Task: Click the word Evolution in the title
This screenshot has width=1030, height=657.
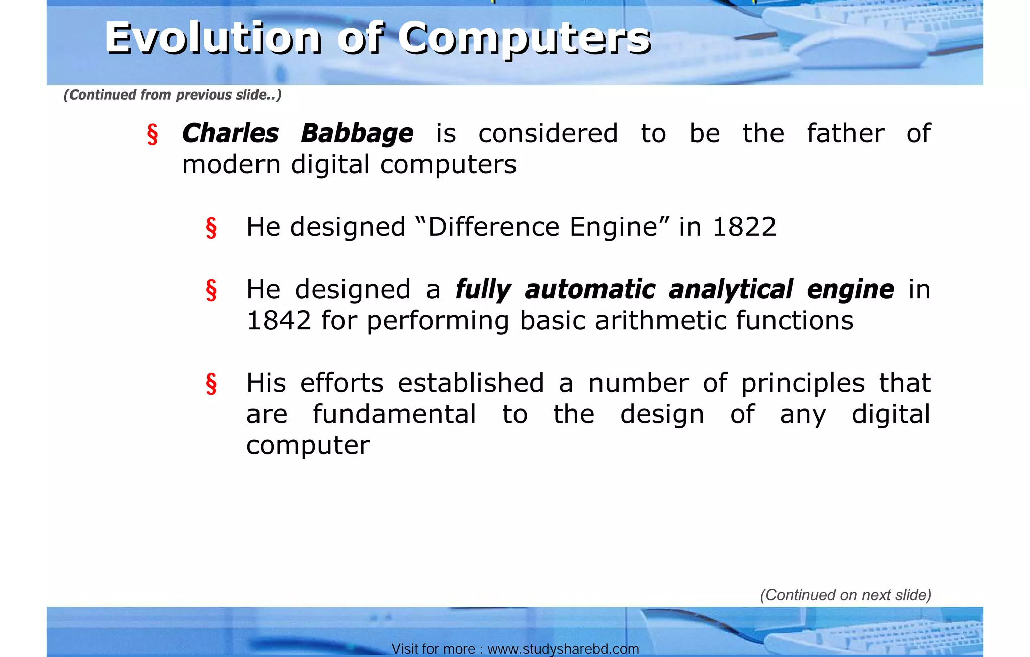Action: [x=213, y=38]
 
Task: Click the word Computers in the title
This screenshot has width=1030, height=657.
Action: [x=525, y=39]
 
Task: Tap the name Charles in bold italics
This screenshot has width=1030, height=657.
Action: [x=230, y=134]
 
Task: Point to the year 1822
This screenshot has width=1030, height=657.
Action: [x=744, y=227]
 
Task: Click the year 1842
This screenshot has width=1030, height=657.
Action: [x=279, y=321]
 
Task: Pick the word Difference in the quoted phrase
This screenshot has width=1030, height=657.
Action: [x=493, y=227]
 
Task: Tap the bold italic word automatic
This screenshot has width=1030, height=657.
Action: [x=589, y=290]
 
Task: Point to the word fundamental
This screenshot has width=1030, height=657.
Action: [x=394, y=415]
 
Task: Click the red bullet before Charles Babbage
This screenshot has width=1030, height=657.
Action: [x=152, y=135]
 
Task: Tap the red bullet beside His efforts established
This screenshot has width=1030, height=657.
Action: [x=211, y=384]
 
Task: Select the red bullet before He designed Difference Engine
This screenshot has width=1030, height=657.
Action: [x=211, y=228]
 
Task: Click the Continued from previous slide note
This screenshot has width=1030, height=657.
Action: [x=173, y=95]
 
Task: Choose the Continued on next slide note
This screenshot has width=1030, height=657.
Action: [x=845, y=595]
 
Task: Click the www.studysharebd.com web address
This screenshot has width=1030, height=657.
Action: [x=563, y=649]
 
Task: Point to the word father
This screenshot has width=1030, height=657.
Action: [x=845, y=134]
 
